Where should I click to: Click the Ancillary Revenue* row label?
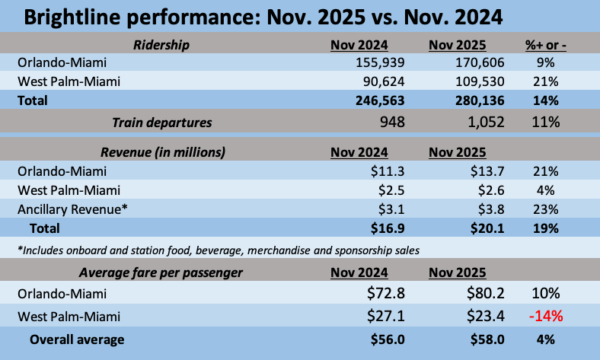pos(71,209)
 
